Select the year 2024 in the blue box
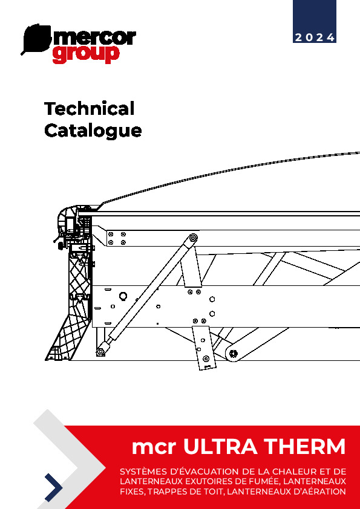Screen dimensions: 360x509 tap(315, 37)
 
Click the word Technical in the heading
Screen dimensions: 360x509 tap(89, 108)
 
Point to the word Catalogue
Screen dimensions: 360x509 tap(93, 131)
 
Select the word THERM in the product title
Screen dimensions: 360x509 tap(304, 446)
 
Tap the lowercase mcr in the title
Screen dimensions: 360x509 tap(154, 448)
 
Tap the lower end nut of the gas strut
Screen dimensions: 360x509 tap(100, 352)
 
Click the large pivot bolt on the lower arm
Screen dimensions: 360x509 tap(234, 354)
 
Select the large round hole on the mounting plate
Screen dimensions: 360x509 tap(123, 296)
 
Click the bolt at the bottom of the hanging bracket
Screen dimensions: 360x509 tap(205, 358)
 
